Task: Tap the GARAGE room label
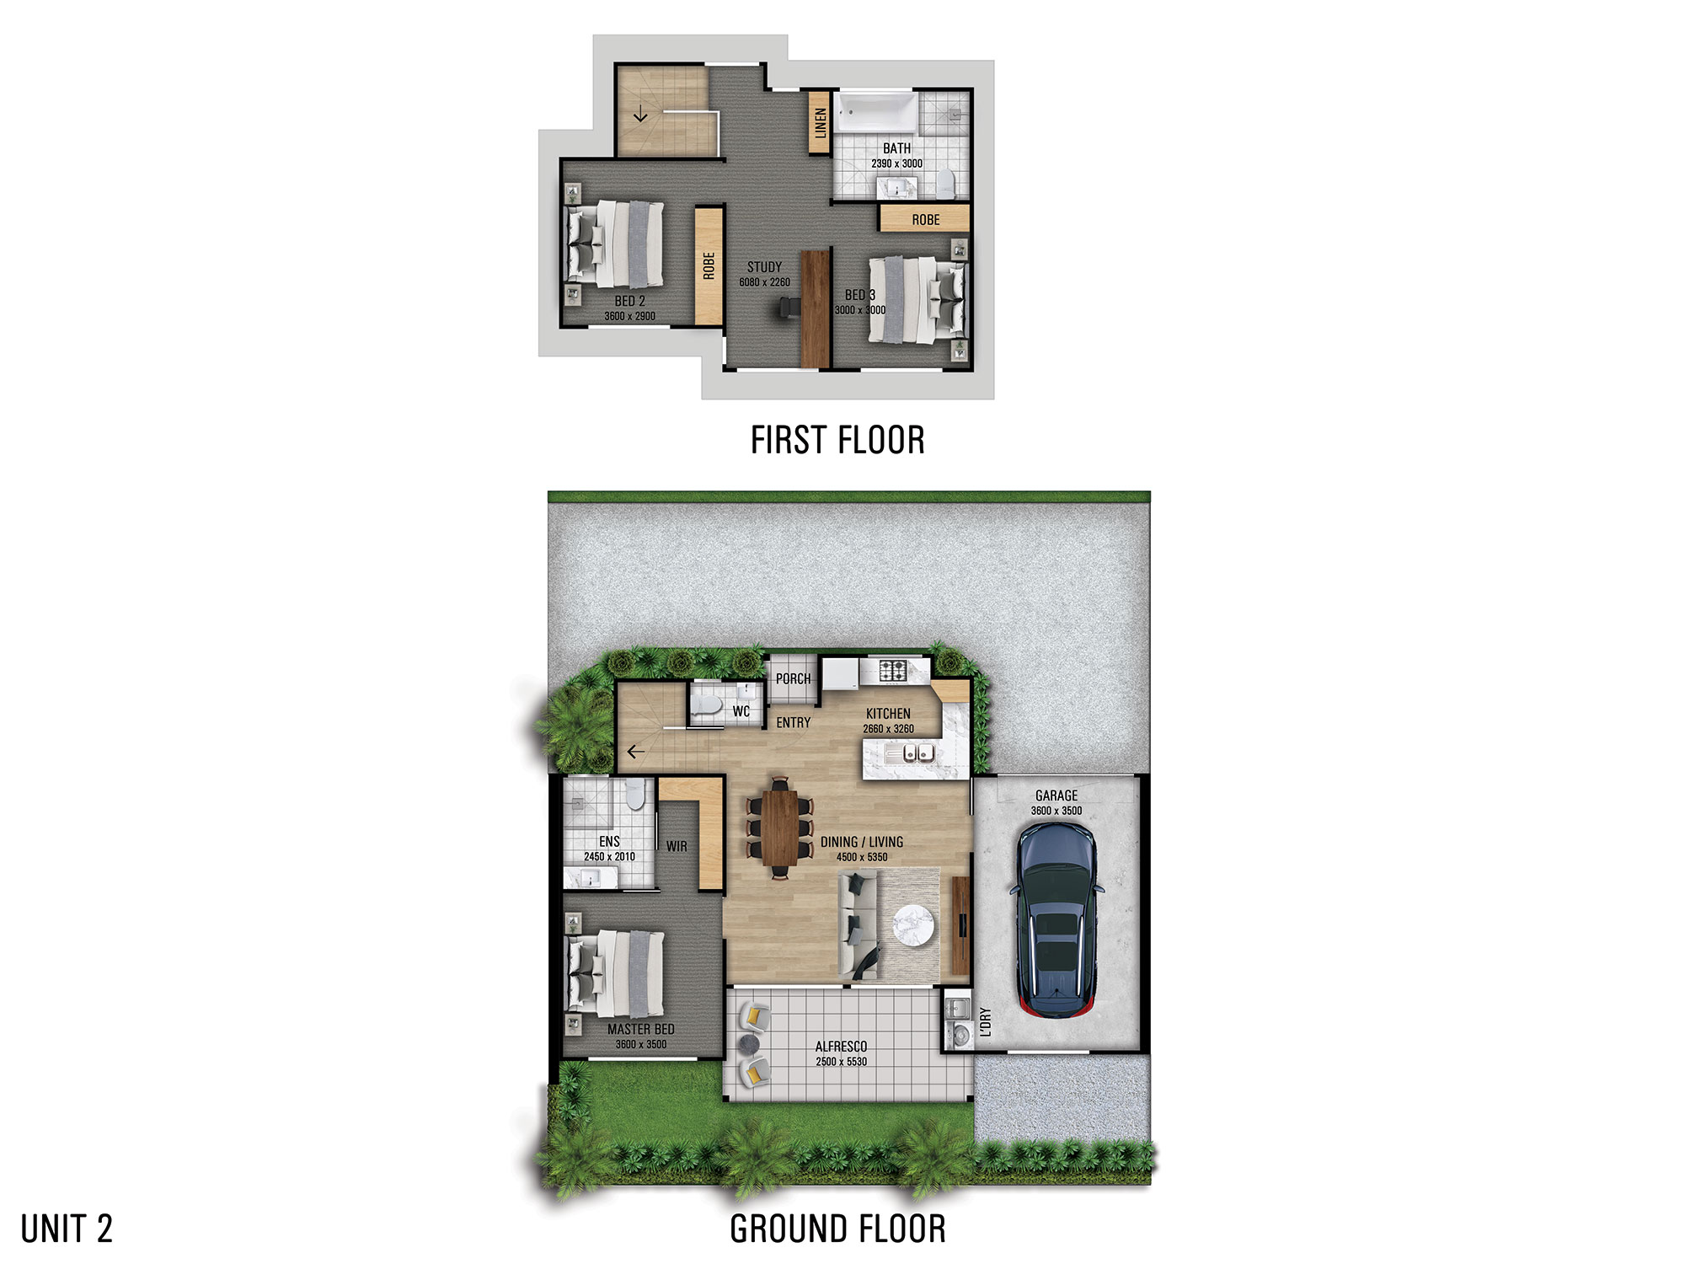tap(1056, 795)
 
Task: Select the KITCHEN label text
tap(888, 714)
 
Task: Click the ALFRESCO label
tap(841, 1047)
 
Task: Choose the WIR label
tap(677, 846)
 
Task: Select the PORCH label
tap(793, 679)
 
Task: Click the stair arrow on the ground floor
tap(635, 751)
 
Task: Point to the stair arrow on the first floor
tap(640, 114)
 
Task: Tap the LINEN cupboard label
tap(820, 123)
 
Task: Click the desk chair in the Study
tap(785, 309)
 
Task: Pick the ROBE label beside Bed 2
tap(709, 265)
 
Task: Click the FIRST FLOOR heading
tap(837, 441)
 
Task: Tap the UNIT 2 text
tap(67, 1229)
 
